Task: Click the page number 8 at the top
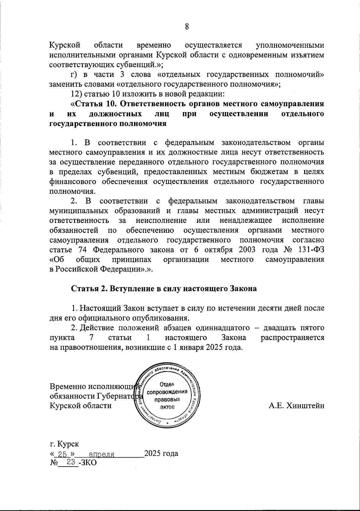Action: (x=187, y=27)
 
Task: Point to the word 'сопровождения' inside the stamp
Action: (x=169, y=392)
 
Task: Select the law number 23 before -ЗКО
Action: (x=71, y=463)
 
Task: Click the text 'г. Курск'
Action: (x=64, y=443)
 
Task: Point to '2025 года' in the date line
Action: (x=161, y=453)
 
